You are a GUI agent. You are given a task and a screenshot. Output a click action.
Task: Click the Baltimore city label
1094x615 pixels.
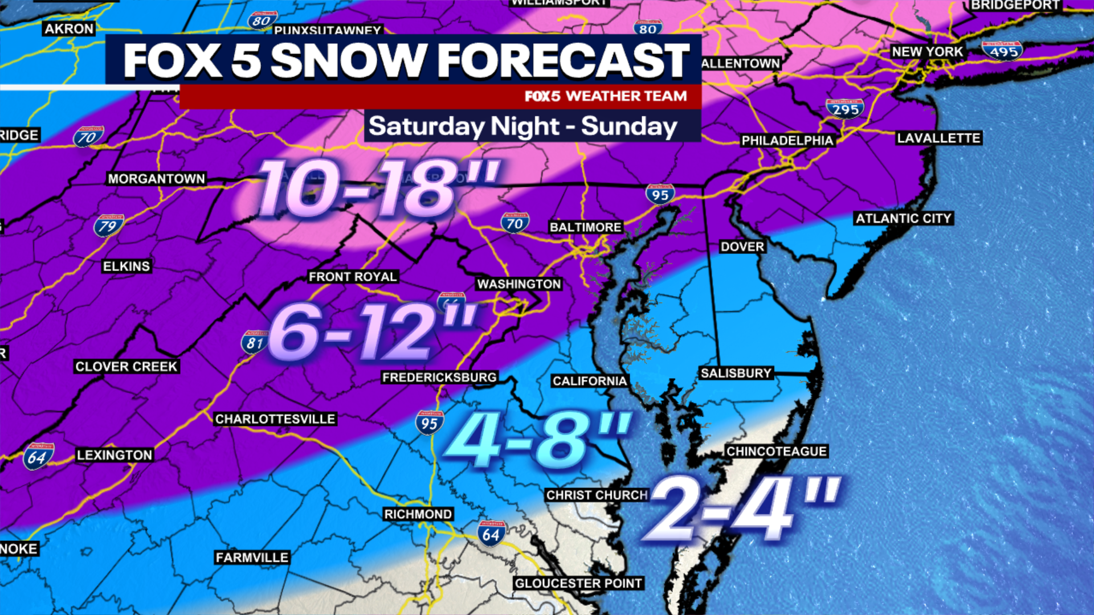pyautogui.click(x=585, y=227)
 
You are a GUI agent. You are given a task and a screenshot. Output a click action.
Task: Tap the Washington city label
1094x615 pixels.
pyautogui.click(x=519, y=284)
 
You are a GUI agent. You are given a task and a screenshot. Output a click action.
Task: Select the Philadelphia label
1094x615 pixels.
pyautogui.click(x=787, y=141)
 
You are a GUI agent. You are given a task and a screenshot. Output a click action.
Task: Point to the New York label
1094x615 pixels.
pyautogui.click(x=927, y=52)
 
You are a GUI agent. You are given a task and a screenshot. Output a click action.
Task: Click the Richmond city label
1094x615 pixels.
pyautogui.click(x=418, y=514)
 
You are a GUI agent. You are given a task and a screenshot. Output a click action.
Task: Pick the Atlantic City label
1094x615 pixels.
pyautogui.click(x=903, y=219)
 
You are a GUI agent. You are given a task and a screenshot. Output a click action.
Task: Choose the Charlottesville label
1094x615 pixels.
pyautogui.click(x=275, y=419)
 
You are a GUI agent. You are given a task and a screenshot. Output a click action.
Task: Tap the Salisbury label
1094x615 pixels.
pyautogui.click(x=736, y=374)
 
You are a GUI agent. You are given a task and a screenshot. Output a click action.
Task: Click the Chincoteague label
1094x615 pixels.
pyautogui.click(x=776, y=452)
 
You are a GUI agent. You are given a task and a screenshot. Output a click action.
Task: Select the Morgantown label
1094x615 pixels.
pyautogui.click(x=156, y=179)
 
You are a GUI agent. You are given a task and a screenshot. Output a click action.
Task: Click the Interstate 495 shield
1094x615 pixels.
pyautogui.click(x=1002, y=51)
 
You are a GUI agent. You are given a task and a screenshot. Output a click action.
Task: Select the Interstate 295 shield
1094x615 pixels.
pyautogui.click(x=844, y=108)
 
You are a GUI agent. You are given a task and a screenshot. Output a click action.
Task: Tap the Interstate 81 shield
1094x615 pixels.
pyautogui.click(x=254, y=342)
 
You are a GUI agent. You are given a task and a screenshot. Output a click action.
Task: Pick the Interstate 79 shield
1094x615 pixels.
pyautogui.click(x=108, y=225)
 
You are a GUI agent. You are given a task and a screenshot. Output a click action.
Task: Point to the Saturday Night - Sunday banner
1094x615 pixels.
pyautogui.click(x=523, y=126)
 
